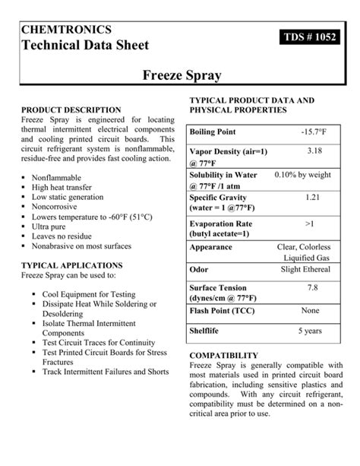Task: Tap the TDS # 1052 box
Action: (x=310, y=39)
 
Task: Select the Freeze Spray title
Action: (x=180, y=75)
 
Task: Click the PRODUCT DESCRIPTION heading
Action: (x=71, y=110)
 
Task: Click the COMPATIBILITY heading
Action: (x=223, y=355)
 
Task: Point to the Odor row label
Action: (x=199, y=269)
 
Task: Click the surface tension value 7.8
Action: (x=312, y=288)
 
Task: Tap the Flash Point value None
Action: (x=311, y=310)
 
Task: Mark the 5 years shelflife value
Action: (x=311, y=331)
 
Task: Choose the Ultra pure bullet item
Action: (x=51, y=226)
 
